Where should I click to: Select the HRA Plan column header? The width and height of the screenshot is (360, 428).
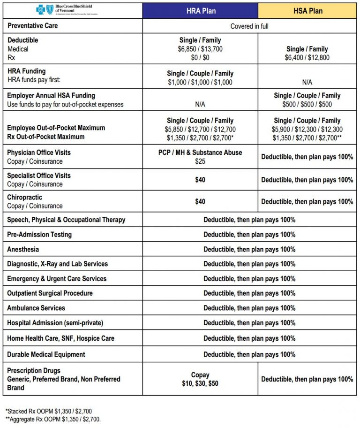[x=200, y=10]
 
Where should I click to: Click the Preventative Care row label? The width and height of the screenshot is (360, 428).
[x=32, y=26]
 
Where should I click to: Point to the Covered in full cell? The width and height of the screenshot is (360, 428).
[x=249, y=26]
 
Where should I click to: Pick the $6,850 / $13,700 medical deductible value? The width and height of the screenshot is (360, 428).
[x=200, y=49]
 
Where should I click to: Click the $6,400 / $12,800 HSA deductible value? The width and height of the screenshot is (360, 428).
[x=307, y=58]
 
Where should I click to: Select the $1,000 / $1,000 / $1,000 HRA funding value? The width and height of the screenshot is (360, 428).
[x=200, y=82]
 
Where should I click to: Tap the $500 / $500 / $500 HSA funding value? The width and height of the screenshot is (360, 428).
[x=307, y=104]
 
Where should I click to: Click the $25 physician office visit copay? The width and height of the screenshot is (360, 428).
[x=200, y=161]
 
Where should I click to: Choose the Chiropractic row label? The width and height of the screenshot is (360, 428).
[x=24, y=197]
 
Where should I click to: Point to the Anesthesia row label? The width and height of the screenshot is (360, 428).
[x=23, y=249]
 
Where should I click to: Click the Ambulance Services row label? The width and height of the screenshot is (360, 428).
[x=36, y=308]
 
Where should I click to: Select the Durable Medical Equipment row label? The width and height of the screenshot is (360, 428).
[x=46, y=354]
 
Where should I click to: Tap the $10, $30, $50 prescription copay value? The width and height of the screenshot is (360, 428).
[x=200, y=383]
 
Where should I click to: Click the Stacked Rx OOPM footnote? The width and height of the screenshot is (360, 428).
[x=48, y=411]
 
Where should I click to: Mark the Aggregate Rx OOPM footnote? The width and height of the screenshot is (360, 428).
[x=53, y=419]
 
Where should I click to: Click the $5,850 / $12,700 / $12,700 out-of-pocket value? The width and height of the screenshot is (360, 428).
[x=200, y=129]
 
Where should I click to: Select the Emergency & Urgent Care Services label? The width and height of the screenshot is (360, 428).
[x=57, y=279]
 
